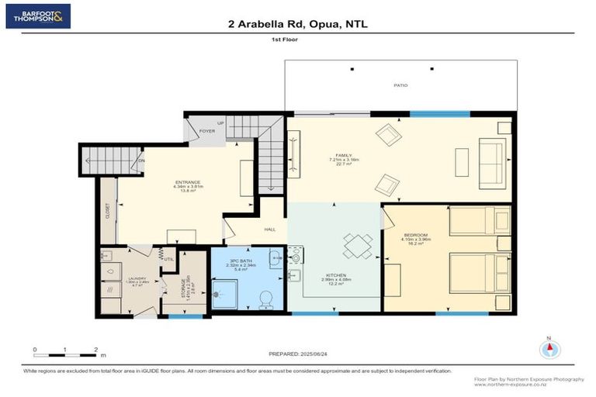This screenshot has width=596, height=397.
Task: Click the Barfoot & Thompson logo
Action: click(38, 16)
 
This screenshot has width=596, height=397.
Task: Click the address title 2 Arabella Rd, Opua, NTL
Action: click(297, 24)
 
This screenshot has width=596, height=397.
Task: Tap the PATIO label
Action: click(400, 85)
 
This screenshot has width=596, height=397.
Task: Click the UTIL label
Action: click(168, 259)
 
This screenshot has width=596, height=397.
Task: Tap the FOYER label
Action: click(207, 131)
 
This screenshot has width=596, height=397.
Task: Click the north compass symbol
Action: click(550, 348)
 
